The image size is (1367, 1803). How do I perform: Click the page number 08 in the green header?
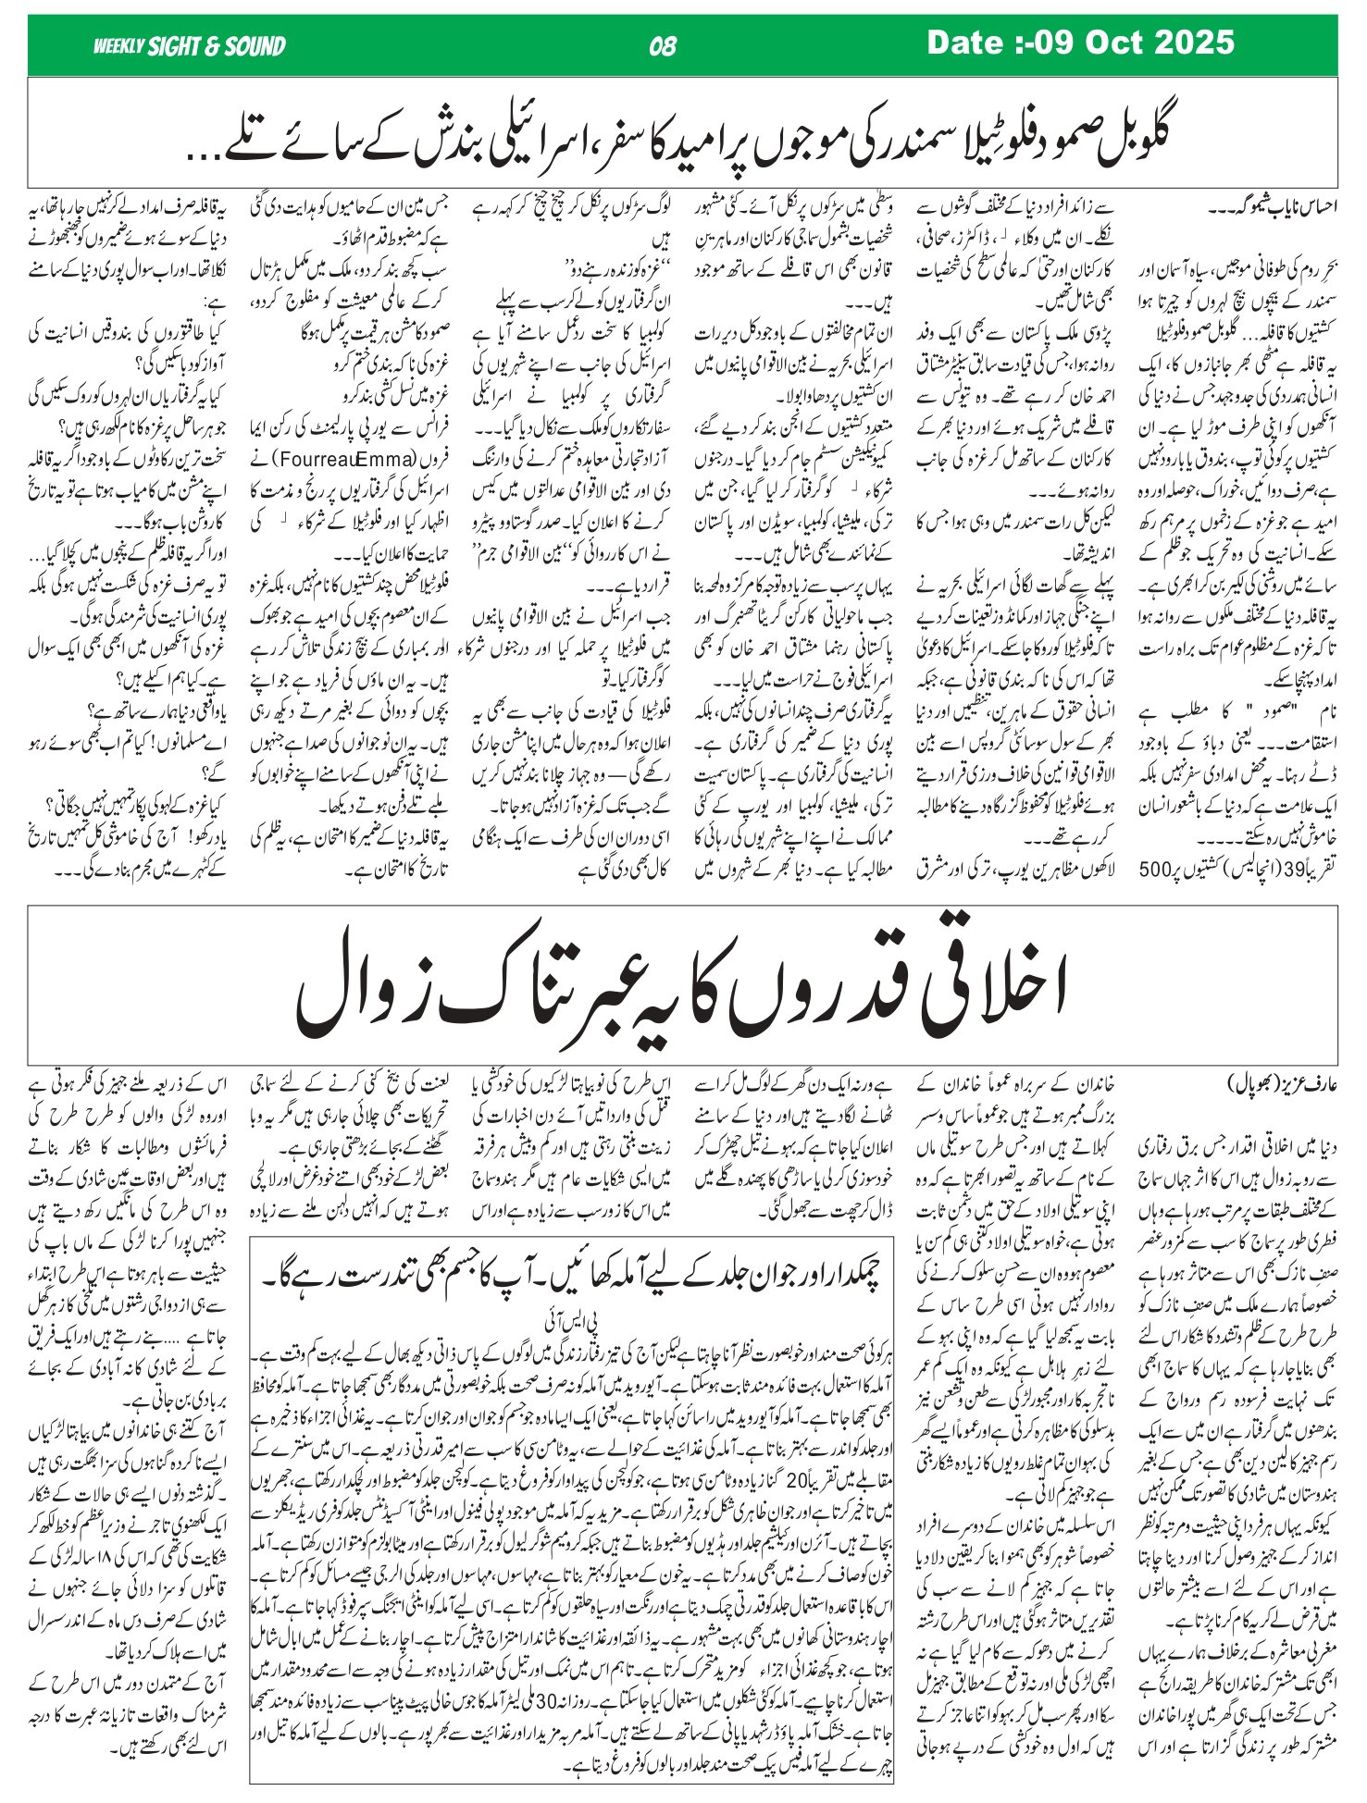pyautogui.click(x=663, y=45)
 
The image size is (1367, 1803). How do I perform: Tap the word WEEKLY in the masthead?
pyautogui.click(x=118, y=46)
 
